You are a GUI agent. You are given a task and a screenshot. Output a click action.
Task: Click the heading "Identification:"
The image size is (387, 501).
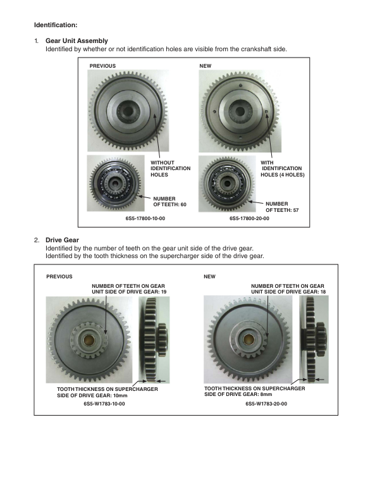[55, 25]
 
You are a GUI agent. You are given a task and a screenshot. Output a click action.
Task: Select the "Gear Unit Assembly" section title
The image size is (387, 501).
[77, 40]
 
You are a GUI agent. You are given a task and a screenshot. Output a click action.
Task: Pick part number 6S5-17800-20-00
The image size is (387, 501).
[249, 218]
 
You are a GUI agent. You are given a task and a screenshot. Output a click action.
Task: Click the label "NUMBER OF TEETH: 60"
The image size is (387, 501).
[169, 202]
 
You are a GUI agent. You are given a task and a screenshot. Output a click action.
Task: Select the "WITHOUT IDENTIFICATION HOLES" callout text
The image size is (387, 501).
[170, 168]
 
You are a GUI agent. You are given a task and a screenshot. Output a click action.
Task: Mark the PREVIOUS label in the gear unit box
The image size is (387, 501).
[102, 65]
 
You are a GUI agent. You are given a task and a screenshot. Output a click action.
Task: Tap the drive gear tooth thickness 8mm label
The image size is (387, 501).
[255, 392]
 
